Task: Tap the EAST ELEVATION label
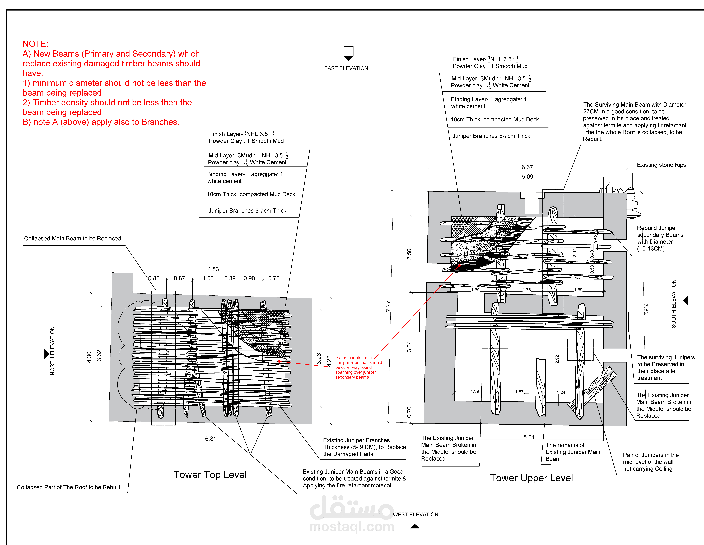click(x=346, y=68)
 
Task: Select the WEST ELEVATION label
click(x=416, y=514)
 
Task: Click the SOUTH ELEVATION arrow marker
click(x=690, y=300)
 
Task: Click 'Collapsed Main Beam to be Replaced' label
click(x=73, y=238)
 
